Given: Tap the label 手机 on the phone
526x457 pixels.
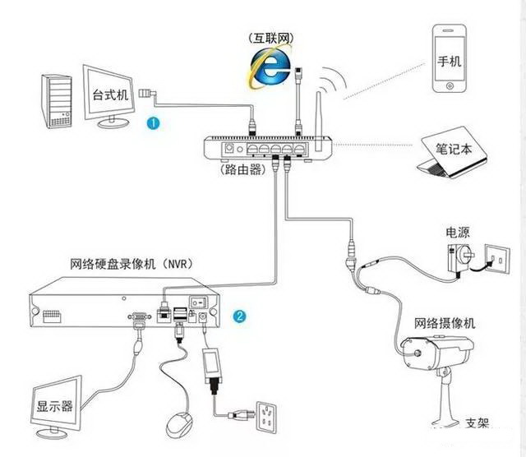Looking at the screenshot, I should pos(449,62).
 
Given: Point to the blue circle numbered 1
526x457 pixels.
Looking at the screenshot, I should pos(153,122).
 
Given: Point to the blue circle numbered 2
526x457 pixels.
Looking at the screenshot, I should pos(239,316).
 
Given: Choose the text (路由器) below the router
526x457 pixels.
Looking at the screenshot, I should pos(243,171).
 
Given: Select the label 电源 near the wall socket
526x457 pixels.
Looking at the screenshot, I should pos(457,232).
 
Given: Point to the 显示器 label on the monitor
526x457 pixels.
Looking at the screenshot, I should pos(54,406).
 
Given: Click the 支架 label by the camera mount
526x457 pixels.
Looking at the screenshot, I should pos(477,424).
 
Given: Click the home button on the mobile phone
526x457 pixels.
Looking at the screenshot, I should pos(449,87).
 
